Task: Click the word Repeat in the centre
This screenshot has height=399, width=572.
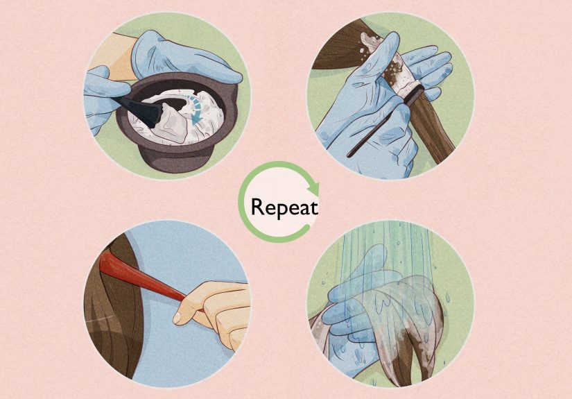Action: [x=284, y=207]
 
